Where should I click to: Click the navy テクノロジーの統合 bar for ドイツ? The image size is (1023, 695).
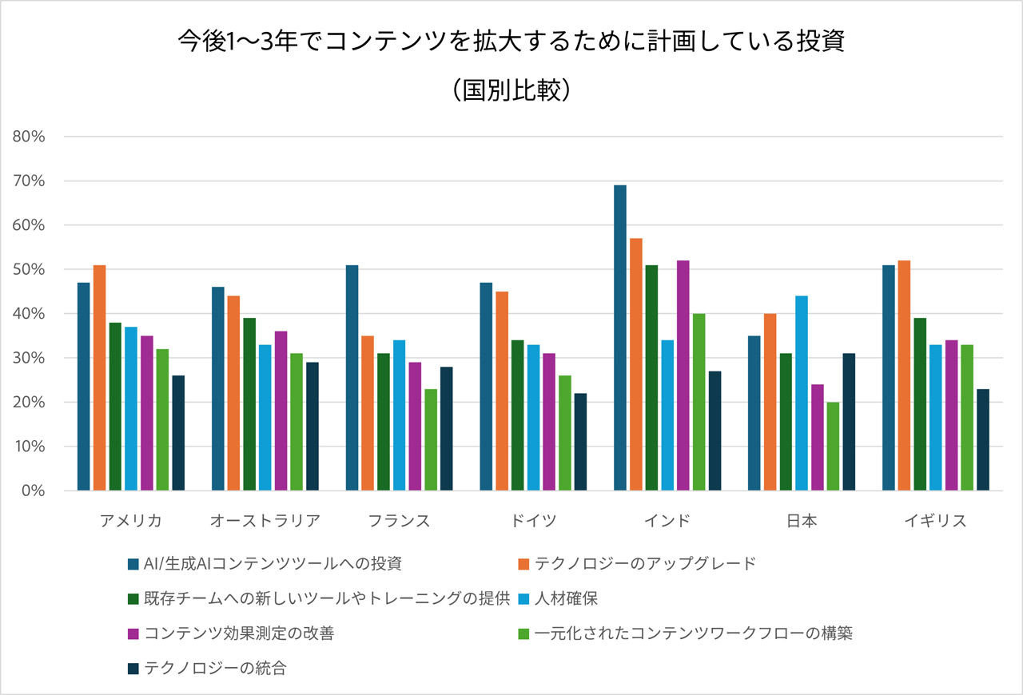coord(580,442)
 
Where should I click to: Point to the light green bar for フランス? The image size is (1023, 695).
coord(431,439)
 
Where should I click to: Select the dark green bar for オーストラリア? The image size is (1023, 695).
coord(249,403)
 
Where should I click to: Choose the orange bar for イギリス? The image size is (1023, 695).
coord(904,375)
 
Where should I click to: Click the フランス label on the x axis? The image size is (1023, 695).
coord(399,522)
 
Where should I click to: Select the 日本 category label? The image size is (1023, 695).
coord(802,522)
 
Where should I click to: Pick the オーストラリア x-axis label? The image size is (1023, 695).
coord(265,522)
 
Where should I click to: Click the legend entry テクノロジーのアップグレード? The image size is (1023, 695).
coord(646,564)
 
